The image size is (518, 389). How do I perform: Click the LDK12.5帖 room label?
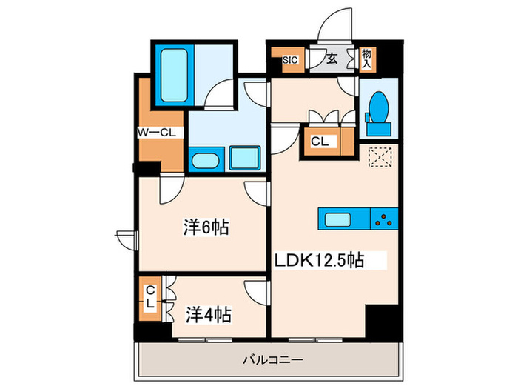click(x=319, y=261)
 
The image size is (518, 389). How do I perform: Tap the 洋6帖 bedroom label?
click(x=206, y=227)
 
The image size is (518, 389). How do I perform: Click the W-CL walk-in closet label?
click(x=155, y=133)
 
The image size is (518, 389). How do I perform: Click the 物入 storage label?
click(x=366, y=59)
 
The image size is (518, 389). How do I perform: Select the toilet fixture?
click(x=377, y=113)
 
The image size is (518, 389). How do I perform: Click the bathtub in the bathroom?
click(x=175, y=76)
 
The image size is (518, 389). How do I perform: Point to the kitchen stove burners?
click(x=383, y=219)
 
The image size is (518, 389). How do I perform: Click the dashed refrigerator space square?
click(x=381, y=158)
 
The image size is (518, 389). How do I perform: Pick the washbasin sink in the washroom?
click(x=205, y=159)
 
